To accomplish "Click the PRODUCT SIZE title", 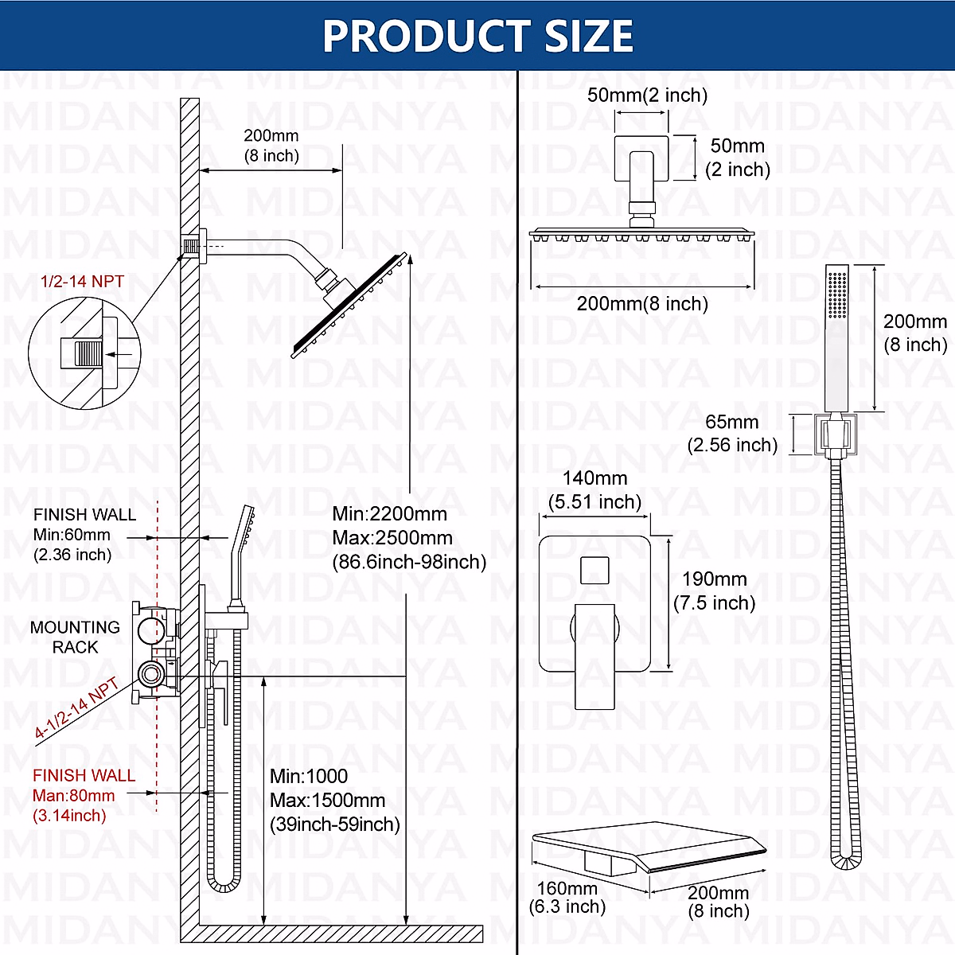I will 477,36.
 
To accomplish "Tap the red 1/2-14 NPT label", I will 82,281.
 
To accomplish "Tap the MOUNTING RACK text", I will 75,637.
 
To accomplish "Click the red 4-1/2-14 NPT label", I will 76,709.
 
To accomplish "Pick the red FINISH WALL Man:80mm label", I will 83,794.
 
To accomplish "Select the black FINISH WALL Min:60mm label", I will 84,534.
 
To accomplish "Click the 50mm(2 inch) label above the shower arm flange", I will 647,95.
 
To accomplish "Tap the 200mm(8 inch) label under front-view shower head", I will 642,303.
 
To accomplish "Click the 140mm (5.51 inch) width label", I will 594,489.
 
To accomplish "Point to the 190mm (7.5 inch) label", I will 714,591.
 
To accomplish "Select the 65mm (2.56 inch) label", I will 732,433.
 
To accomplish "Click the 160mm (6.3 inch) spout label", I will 567,897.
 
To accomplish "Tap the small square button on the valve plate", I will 594,571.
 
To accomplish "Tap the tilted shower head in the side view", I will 350,306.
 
